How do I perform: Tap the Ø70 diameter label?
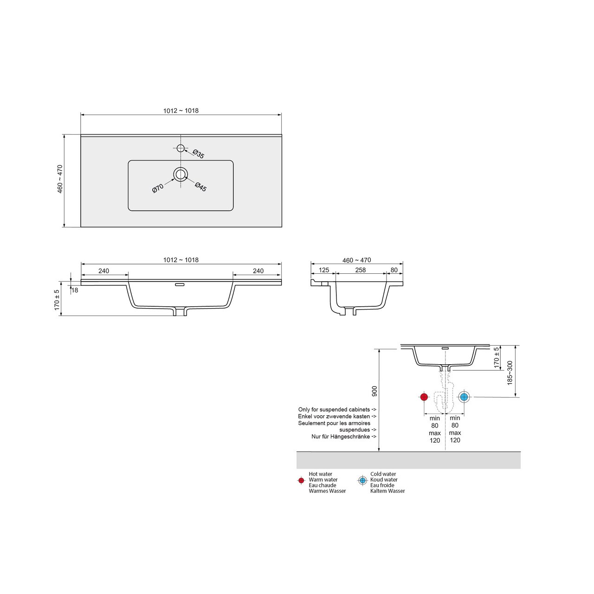[x=158, y=188]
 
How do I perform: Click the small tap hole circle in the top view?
[x=181, y=148]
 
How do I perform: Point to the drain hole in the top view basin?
[x=181, y=174]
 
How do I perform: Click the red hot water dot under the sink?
[x=424, y=397]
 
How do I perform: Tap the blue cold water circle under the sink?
[x=464, y=397]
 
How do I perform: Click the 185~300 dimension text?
[x=510, y=372]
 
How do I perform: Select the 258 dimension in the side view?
[x=360, y=270]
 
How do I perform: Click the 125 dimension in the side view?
[x=323, y=270]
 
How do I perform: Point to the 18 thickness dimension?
[x=75, y=291]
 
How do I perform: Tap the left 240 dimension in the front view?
[x=103, y=271]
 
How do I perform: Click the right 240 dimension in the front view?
[x=258, y=271]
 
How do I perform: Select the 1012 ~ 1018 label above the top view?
[x=181, y=111]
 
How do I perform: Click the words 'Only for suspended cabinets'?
[x=334, y=410]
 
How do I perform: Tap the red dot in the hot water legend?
[x=301, y=481]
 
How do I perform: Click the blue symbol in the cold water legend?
[x=362, y=481]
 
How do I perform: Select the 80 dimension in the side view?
[x=394, y=270]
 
